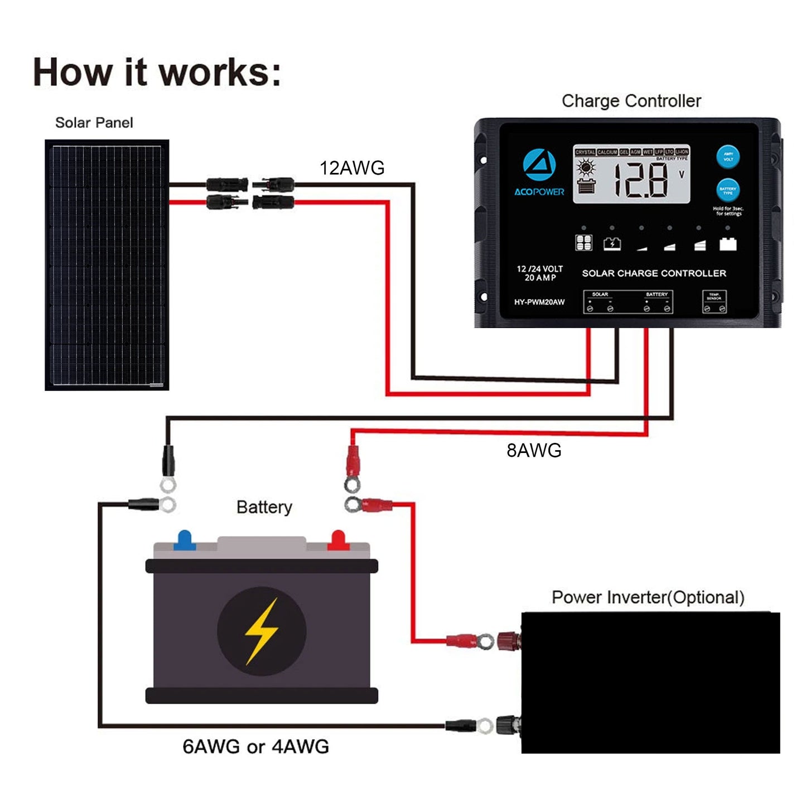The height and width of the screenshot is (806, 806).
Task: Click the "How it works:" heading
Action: coord(157,72)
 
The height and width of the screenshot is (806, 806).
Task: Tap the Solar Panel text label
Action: coord(94,123)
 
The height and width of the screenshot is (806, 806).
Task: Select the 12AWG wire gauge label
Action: coord(352,168)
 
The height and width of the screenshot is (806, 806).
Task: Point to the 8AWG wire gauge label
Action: coord(534,450)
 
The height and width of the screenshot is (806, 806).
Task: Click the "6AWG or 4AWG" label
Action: coord(255,746)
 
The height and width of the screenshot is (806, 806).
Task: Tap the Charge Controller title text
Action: coord(631,101)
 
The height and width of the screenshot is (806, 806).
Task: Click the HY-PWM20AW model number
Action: coord(539,302)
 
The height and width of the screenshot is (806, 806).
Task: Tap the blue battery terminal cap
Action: coord(184,540)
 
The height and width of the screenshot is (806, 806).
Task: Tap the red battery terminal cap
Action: coord(337,540)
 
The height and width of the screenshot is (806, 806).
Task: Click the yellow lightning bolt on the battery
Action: coord(262,631)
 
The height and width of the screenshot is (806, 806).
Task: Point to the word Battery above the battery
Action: coord(264,507)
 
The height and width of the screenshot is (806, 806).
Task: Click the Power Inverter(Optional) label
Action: coord(648,597)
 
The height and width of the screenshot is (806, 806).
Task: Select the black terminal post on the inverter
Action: coord(509,725)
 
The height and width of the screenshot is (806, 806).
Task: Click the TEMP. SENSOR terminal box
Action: coord(714,302)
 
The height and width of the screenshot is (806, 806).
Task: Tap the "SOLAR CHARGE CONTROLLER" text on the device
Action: coord(654,273)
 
